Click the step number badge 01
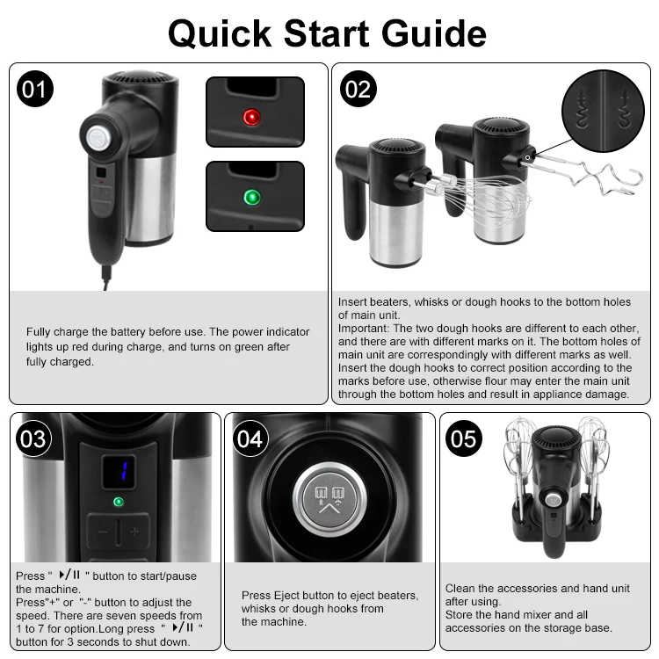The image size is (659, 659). (35, 88)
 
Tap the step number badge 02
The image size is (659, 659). (359, 88)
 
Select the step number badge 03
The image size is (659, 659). (33, 438)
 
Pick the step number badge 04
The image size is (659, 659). (250, 438)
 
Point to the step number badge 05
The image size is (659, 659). (464, 438)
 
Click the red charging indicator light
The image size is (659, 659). (252, 117)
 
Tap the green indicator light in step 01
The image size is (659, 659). (252, 197)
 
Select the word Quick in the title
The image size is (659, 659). (220, 33)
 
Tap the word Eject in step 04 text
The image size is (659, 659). (293, 596)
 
